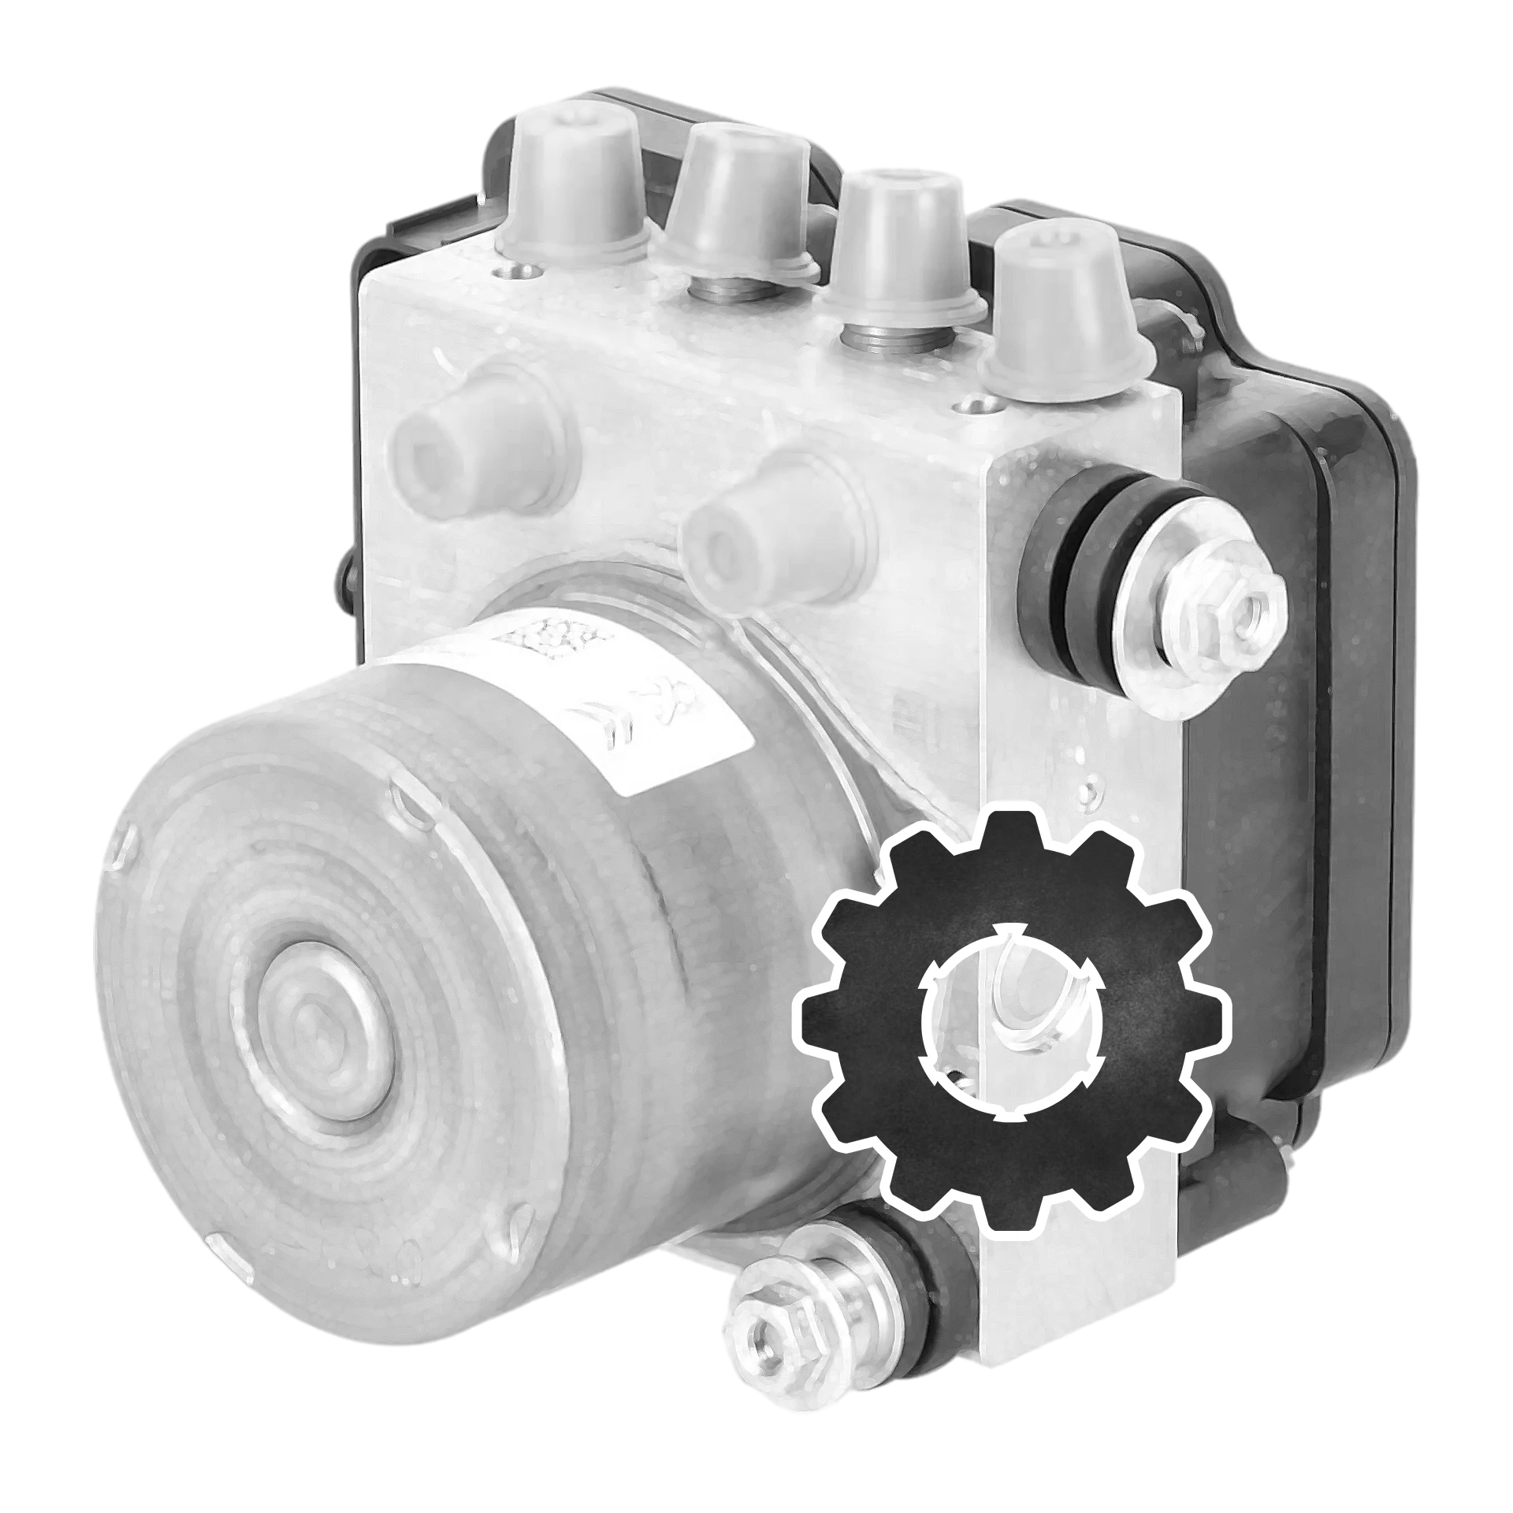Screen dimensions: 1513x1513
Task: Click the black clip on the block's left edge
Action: click(340, 583)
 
